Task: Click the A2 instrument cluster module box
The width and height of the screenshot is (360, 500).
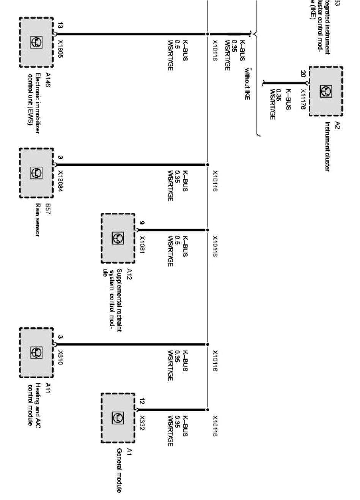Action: (325, 91)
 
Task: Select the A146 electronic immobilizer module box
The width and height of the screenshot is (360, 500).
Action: (36, 42)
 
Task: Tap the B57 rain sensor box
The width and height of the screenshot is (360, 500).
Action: (36, 173)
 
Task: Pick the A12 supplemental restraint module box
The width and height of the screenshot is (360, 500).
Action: (118, 238)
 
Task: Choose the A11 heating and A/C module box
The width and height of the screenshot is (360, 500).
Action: (36, 353)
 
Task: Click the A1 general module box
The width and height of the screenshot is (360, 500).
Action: (118, 418)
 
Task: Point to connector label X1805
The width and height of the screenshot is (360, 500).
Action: (60, 49)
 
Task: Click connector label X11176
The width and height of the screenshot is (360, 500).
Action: (303, 99)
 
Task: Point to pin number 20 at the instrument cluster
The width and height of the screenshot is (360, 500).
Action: (303, 74)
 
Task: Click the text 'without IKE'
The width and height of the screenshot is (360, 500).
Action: (247, 84)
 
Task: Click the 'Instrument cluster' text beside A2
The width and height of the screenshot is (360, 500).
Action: (327, 146)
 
